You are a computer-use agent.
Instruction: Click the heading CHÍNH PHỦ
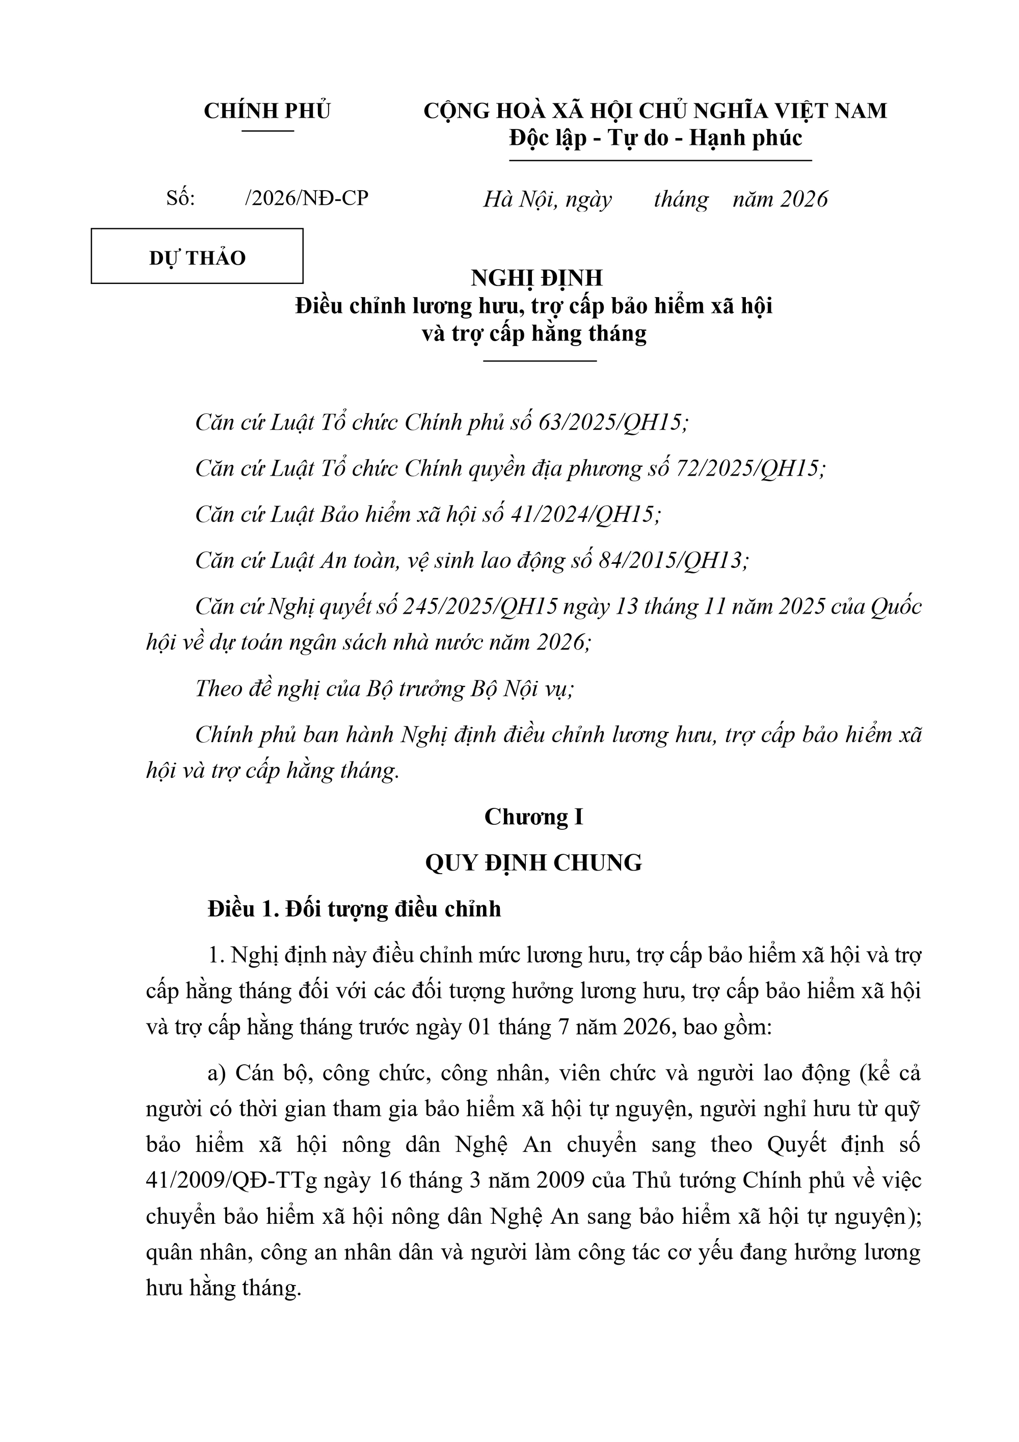pyautogui.click(x=267, y=111)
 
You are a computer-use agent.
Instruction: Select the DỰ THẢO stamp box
pyautogui.click(x=197, y=256)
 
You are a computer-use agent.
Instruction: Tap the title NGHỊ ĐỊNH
pyautogui.click(x=537, y=278)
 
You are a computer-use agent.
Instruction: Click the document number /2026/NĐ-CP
pyautogui.click(x=306, y=198)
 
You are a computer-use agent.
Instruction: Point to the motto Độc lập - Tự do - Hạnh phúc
pyautogui.click(x=656, y=138)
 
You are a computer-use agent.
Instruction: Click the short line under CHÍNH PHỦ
pyautogui.click(x=267, y=130)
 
